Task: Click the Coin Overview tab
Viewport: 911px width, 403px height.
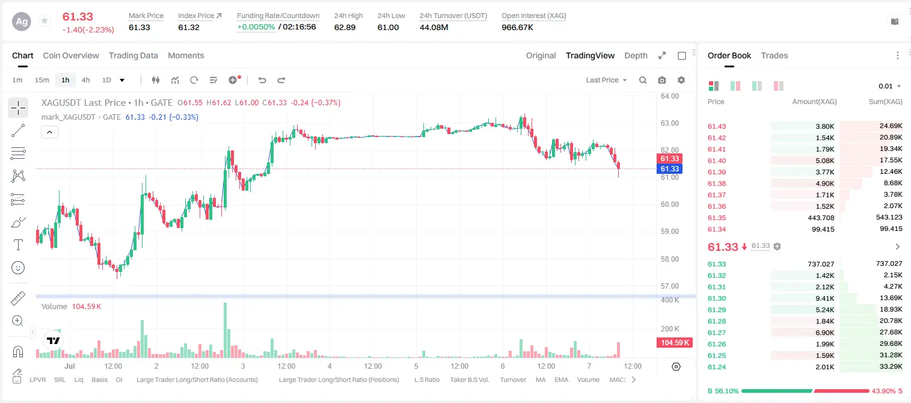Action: [x=71, y=55]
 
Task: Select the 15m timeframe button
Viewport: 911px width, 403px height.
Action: [x=41, y=80]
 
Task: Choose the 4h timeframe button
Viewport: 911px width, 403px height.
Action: [x=85, y=80]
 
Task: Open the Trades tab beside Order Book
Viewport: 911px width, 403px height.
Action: [x=775, y=55]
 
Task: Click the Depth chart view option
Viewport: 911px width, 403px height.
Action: [x=636, y=55]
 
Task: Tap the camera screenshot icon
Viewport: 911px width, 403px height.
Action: [x=662, y=80]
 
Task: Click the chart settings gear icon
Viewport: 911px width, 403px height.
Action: [x=681, y=80]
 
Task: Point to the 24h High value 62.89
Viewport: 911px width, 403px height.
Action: [x=345, y=27]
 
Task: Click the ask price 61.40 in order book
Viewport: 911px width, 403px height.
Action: [x=717, y=161]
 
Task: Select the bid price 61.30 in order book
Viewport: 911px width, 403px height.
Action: [x=717, y=298]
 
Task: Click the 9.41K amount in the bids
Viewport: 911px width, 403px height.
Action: [x=825, y=298]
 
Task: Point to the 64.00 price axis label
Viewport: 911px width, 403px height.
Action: [x=670, y=96]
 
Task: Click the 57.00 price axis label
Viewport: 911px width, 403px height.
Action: [x=670, y=286]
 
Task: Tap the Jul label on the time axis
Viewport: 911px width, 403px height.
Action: [x=70, y=366]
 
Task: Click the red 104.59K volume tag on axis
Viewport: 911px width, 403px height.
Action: [x=675, y=342]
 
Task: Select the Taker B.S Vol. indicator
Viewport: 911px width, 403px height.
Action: [x=470, y=380]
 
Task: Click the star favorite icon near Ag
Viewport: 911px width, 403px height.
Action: [x=44, y=20]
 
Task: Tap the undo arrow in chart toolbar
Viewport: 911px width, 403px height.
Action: [x=262, y=80]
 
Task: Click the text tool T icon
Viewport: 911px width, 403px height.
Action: [x=18, y=245]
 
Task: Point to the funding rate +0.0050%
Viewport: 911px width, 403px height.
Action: [x=256, y=27]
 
